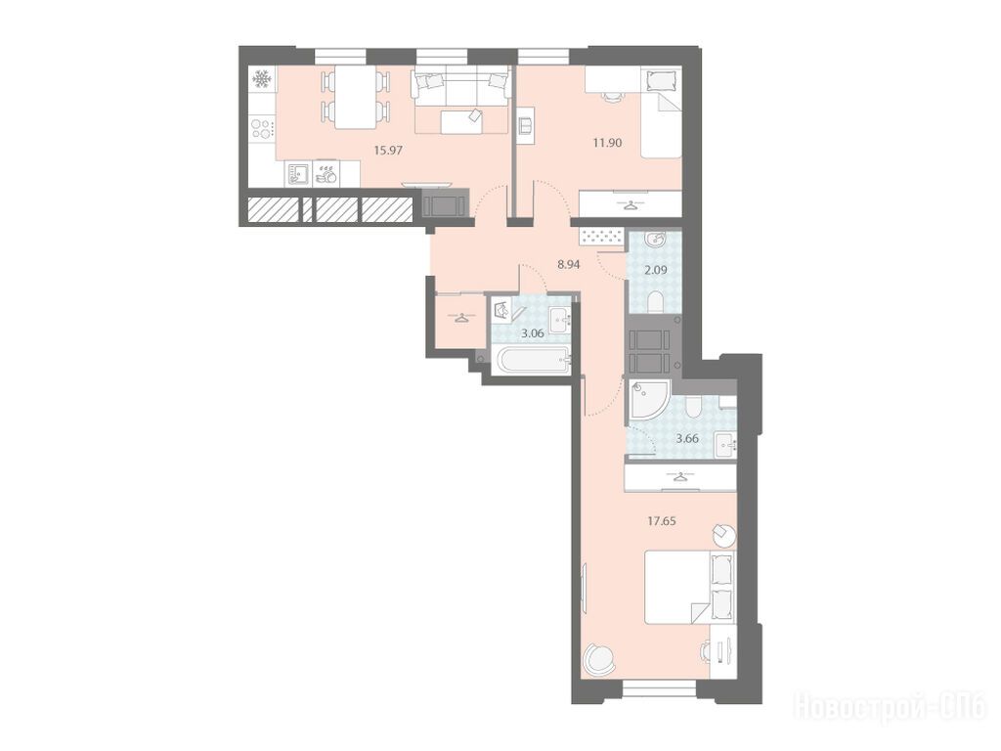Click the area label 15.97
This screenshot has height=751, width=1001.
click(x=388, y=151)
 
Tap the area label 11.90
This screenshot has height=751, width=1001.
click(x=607, y=143)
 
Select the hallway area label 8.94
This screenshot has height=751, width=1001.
click(x=568, y=264)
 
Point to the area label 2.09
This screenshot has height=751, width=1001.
click(x=656, y=270)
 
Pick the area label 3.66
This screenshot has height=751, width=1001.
click(x=687, y=438)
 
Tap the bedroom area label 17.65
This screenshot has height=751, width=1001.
click(x=662, y=520)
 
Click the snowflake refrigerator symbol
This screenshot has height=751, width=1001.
click(x=262, y=79)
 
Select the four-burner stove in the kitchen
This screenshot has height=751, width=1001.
click(x=262, y=129)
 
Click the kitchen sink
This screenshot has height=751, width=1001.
click(x=298, y=173)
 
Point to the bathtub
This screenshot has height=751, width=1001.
click(x=531, y=360)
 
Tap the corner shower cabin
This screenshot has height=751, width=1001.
click(x=649, y=400)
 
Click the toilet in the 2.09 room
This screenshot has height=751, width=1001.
click(x=656, y=302)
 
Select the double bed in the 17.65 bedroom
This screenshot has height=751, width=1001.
click(x=689, y=587)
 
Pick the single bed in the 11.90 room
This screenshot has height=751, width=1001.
click(x=662, y=113)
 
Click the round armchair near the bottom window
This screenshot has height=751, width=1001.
click(x=599, y=658)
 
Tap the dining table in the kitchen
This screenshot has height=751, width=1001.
click(x=355, y=98)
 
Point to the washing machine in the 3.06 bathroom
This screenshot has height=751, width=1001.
click(x=506, y=312)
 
